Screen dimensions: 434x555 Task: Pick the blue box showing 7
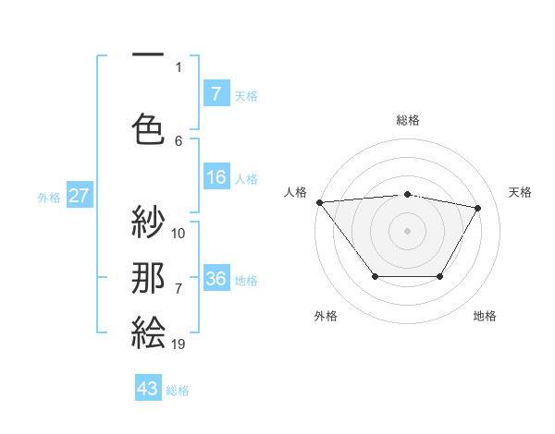click(216, 93)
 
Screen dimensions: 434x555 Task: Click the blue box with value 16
click(216, 177)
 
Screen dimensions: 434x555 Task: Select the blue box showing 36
click(216, 279)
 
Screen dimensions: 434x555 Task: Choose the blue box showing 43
click(148, 389)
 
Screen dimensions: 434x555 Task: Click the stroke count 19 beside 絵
click(179, 344)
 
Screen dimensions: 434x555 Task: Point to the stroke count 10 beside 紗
click(179, 234)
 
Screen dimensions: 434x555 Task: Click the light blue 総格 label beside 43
click(178, 391)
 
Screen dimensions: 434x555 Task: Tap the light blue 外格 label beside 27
click(49, 197)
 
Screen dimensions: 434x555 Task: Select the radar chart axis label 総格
click(408, 120)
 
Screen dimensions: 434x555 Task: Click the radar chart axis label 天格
click(521, 192)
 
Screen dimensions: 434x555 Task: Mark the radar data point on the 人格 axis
click(319, 201)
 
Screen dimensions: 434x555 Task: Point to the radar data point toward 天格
click(478, 208)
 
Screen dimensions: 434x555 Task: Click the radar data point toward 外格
click(375, 276)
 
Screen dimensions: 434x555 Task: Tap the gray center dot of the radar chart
click(407, 230)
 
